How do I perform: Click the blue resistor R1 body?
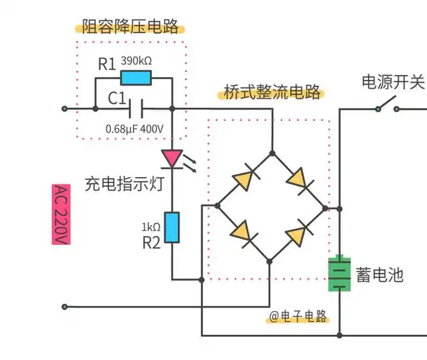pyautogui.click(x=135, y=78)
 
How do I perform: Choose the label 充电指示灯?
pyautogui.click(x=125, y=183)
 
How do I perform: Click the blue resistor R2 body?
pyautogui.click(x=172, y=228)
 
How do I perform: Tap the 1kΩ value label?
pyautogui.click(x=150, y=227)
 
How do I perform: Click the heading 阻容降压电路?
pyautogui.click(x=130, y=29)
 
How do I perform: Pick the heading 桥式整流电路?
pyautogui.click(x=272, y=94)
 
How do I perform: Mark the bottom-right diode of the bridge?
pyautogui.click(x=299, y=235)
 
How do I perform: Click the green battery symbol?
pyautogui.click(x=338, y=274)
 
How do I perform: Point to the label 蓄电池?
pyautogui.click(x=379, y=274)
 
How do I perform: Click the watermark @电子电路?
pyautogui.click(x=298, y=317)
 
